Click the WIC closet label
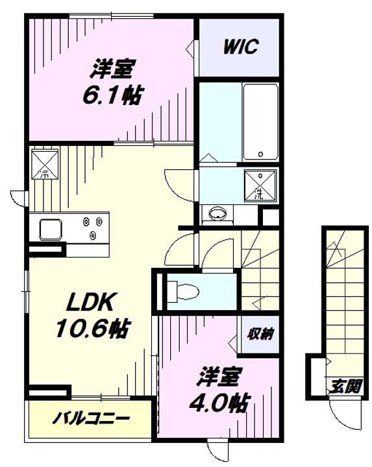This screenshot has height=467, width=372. [241, 47]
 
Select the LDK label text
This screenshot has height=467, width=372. [91, 302]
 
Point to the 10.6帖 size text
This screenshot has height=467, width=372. [93, 328]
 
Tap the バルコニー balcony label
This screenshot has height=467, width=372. [91, 418]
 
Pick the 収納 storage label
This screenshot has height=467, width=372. [260, 334]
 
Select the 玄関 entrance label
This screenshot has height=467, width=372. [345, 387]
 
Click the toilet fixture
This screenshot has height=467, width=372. [183, 291]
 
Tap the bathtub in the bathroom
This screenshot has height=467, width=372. [261, 122]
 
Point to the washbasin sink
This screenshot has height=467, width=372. [217, 213]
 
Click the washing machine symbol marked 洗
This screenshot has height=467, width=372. [260, 186]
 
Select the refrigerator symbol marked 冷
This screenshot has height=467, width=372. [45, 165]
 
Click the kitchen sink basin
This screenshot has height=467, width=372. [51, 230]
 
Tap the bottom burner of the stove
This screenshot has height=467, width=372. [93, 235]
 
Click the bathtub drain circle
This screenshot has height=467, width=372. [260, 154]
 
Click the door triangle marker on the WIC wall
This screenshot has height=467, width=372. [190, 47]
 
